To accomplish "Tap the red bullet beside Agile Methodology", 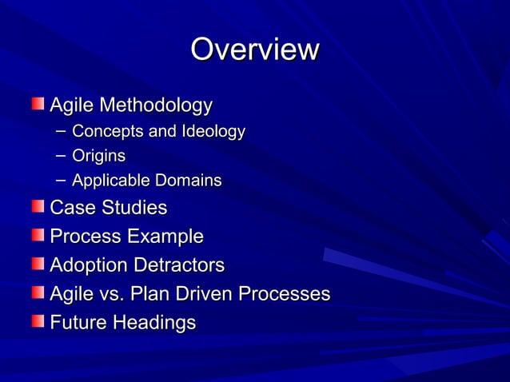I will (38, 104).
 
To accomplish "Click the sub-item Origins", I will (98, 156).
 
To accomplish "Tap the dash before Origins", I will (62, 156).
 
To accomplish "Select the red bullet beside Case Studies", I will (38, 207).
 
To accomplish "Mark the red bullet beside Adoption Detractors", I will (38, 264).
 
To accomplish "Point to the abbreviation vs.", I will (115, 294).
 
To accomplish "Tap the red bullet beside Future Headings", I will (38, 321).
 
